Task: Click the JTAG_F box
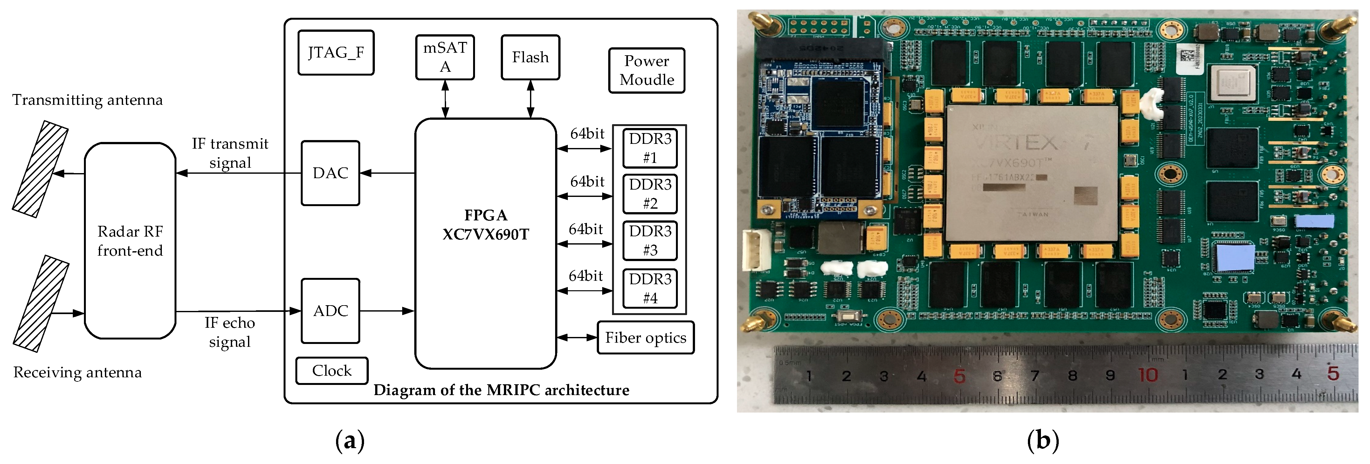tap(336, 53)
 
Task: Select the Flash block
tap(530, 57)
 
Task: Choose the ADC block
tap(330, 311)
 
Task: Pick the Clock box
tap(332, 370)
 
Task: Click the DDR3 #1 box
tap(650, 148)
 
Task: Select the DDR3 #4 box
tap(650, 289)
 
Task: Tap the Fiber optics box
tap(646, 338)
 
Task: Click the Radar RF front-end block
tap(130, 241)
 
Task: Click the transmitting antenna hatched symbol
tap(40, 169)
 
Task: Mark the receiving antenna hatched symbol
tap(41, 304)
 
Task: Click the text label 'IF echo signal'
tap(230, 332)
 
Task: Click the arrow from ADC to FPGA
tap(387, 311)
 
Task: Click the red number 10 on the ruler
tap(1148, 375)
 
